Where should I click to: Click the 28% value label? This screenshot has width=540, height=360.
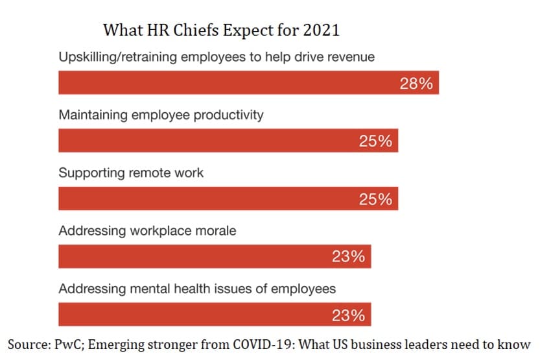(416, 84)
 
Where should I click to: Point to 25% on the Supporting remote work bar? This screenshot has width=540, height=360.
(375, 199)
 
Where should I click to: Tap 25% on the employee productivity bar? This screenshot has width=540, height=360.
(375, 141)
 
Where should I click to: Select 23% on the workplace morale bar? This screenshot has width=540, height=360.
(348, 257)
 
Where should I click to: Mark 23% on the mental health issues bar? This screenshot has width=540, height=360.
(348, 315)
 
